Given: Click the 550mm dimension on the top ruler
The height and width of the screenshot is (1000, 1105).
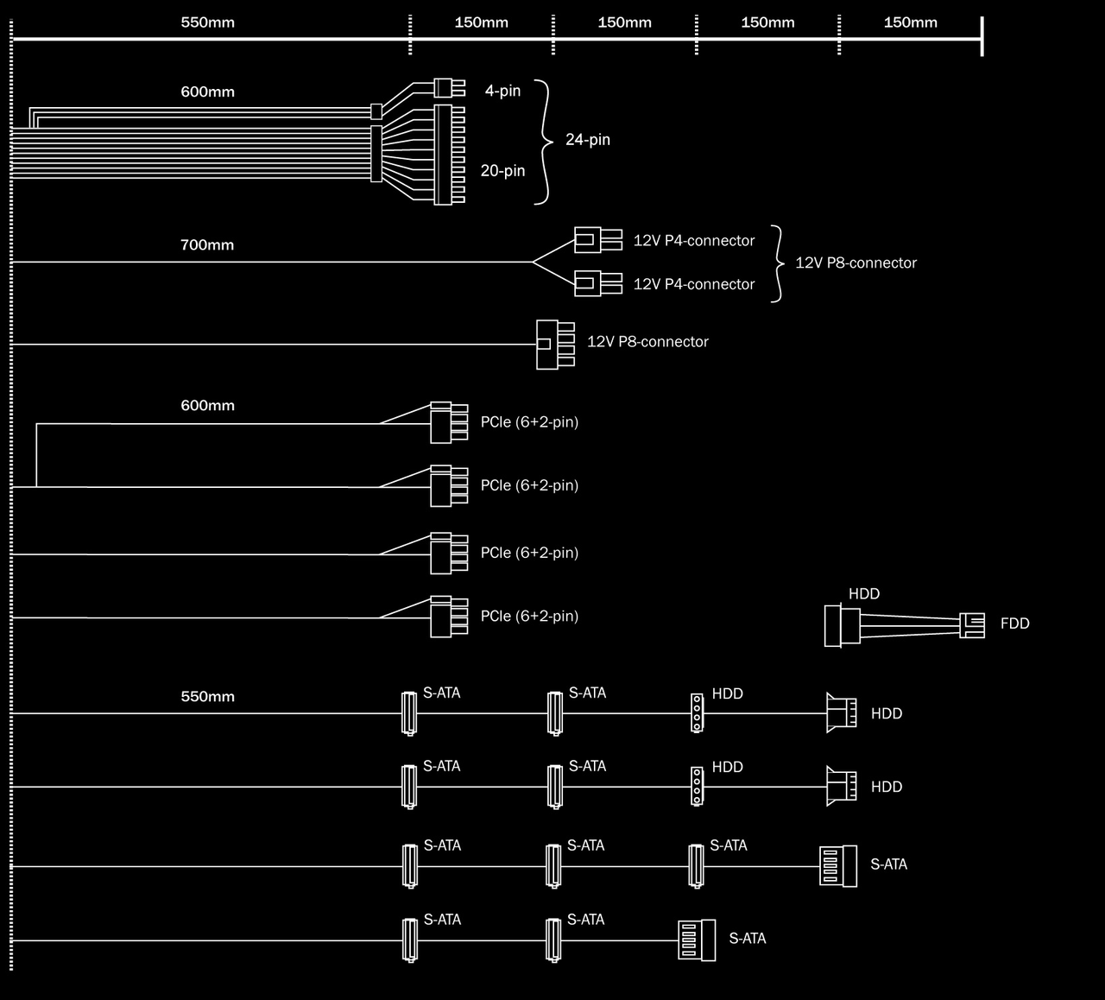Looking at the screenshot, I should [x=207, y=22].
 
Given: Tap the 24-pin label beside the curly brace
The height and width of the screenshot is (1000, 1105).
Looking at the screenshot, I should [x=587, y=140].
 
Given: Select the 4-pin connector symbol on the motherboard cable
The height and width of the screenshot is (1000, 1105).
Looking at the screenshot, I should [x=444, y=87].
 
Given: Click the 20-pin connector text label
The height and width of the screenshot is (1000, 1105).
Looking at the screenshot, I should [x=502, y=171].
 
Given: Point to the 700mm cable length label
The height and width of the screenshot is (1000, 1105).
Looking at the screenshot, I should [x=207, y=245].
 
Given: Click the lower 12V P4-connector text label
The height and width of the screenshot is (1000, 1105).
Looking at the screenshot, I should [x=694, y=285].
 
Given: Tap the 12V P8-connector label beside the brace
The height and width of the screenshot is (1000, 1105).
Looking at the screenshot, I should [x=856, y=263].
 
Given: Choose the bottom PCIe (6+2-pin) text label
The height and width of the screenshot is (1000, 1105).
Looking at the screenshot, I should [x=529, y=617].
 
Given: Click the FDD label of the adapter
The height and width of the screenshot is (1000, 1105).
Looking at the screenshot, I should [x=1014, y=623].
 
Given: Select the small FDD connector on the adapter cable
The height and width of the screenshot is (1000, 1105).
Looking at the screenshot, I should [x=972, y=625].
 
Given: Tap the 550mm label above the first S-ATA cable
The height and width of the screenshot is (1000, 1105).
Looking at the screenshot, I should [x=207, y=697].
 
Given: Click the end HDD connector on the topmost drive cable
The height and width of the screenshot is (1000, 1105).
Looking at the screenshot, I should [x=841, y=713].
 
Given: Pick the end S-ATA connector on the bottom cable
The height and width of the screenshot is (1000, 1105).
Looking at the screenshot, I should [x=697, y=940].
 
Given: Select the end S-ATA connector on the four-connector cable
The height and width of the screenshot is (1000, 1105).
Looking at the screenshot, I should [x=837, y=865].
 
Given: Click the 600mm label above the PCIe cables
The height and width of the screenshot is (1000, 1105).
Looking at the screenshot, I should [x=207, y=406].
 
